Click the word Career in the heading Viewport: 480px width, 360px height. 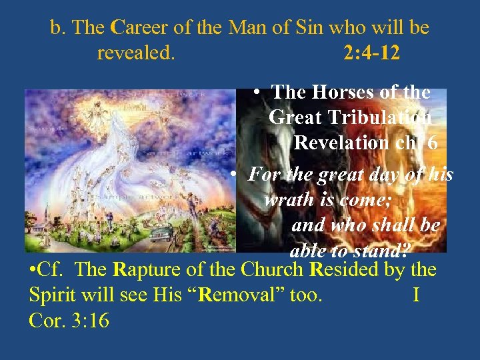point(135,28)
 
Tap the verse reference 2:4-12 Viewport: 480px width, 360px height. point(372,53)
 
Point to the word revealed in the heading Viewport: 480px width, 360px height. point(136,53)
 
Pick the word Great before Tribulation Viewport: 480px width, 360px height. point(294,118)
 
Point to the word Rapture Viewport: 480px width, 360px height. point(151,271)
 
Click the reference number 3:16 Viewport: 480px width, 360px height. point(88,321)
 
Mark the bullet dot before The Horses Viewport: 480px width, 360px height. point(257,93)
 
